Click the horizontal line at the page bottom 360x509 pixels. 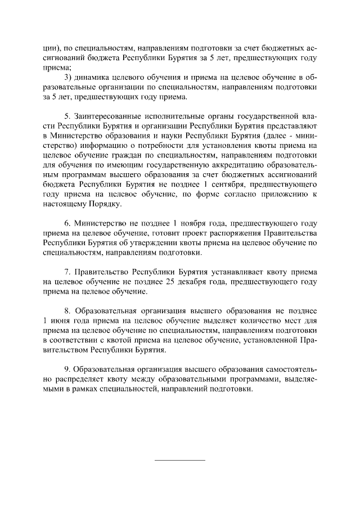tap(180, 461)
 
